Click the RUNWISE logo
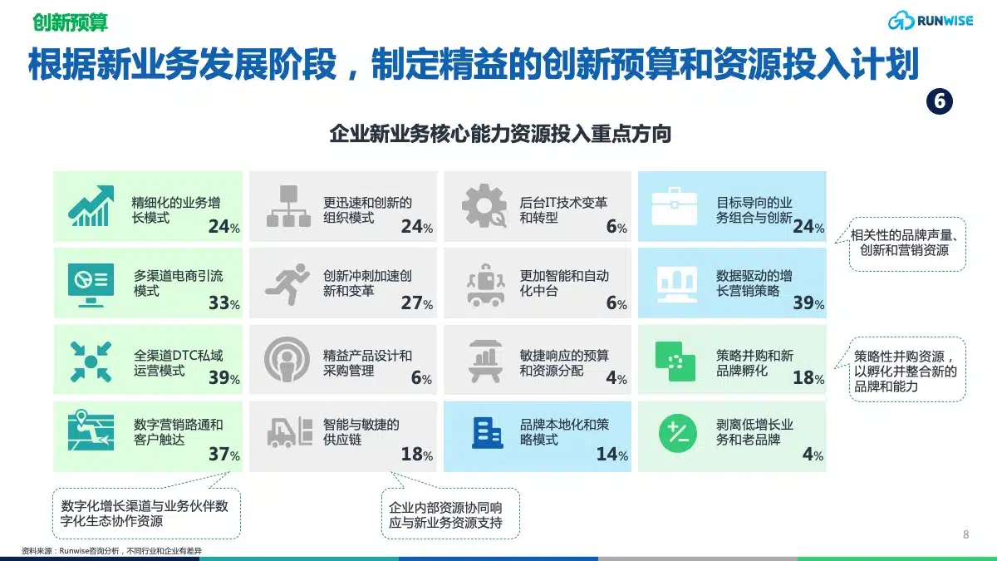coord(931,21)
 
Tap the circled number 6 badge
coord(940,101)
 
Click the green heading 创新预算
coord(71,22)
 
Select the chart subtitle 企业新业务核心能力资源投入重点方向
coord(500,134)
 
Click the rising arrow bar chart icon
coord(91,206)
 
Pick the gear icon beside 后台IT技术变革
coord(484,206)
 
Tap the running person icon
coord(287,284)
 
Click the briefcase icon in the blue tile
coord(675,206)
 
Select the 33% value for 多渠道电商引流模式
coord(224,303)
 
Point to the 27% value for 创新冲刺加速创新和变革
coord(417,303)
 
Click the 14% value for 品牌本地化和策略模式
coord(612,454)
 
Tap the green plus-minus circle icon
coord(677,433)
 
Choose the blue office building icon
coord(488,433)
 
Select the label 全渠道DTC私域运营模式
coord(178,363)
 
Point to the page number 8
coord(965,534)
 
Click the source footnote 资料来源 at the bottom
coord(111,551)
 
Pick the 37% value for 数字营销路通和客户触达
coord(224,454)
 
